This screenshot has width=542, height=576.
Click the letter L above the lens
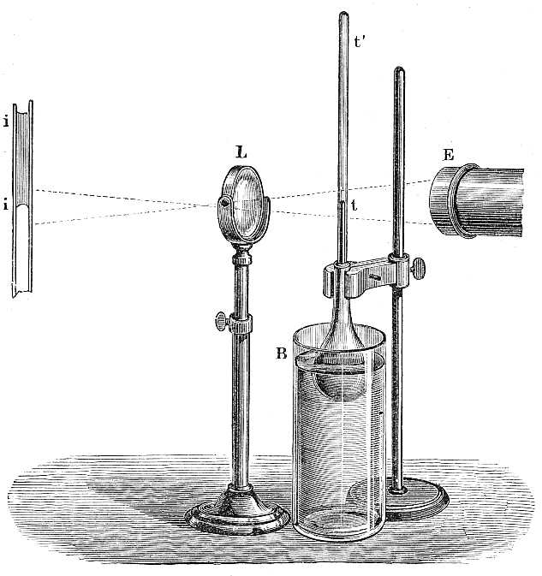[241, 152]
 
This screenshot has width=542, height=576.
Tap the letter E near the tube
[449, 155]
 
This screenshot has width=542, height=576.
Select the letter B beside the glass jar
[281, 353]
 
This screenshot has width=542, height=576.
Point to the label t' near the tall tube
[359, 42]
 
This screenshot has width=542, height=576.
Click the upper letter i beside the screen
[6, 122]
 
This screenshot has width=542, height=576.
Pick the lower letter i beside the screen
[6, 204]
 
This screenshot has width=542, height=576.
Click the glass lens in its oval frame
[244, 205]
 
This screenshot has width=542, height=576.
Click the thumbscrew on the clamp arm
[418, 267]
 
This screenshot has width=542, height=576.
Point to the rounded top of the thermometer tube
[343, 15]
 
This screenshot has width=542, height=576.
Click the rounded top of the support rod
[399, 70]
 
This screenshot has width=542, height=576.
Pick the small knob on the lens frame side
[223, 201]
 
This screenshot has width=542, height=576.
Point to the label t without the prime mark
[354, 205]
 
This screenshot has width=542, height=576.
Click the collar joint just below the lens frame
[241, 257]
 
